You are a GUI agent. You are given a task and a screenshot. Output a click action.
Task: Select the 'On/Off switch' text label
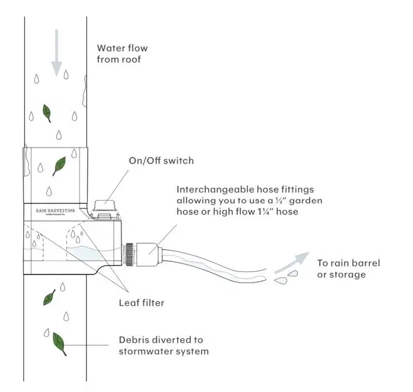click(161, 161)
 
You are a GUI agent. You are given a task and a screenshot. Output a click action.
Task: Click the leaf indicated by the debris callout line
click(60, 342)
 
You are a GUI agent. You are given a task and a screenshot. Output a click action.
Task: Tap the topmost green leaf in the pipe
click(46, 113)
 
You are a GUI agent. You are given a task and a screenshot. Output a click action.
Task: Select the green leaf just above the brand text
click(59, 164)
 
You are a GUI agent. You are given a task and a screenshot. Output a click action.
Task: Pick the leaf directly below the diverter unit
click(49, 297)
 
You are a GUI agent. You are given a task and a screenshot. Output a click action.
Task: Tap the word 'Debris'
click(135, 340)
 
